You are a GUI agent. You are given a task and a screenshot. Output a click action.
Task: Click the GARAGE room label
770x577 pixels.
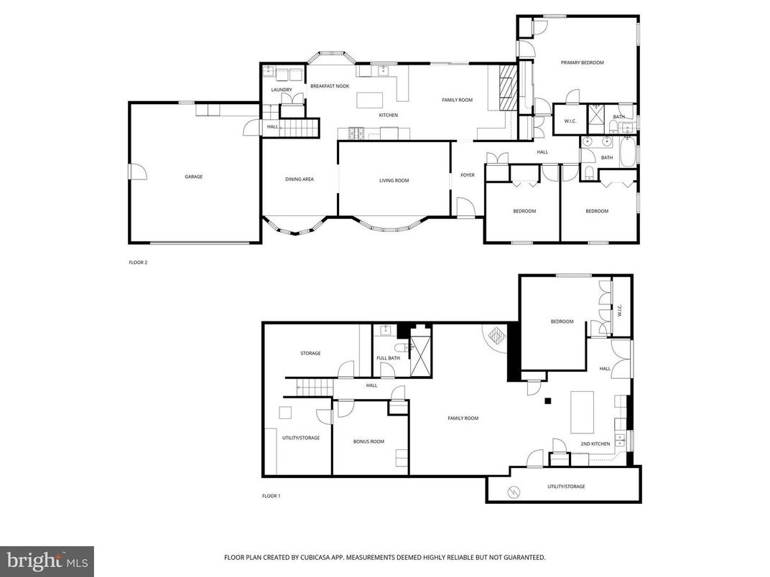tap(193, 177)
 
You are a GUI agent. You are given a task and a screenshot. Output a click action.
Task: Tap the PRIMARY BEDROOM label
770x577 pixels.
tap(582, 63)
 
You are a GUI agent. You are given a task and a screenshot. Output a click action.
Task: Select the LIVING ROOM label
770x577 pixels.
tap(394, 181)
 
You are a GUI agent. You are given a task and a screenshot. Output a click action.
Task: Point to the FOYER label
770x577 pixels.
tap(468, 175)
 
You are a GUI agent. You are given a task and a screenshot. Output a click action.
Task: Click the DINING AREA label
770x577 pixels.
tap(300, 179)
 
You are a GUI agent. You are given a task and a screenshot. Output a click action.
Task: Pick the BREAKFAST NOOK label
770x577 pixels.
tap(329, 86)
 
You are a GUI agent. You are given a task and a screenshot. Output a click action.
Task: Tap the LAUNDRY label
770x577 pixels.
tap(282, 90)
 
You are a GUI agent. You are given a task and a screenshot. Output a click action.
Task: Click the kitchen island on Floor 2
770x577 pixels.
tap(371, 99)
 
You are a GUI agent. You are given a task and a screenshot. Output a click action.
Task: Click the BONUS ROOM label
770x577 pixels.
tap(368, 441)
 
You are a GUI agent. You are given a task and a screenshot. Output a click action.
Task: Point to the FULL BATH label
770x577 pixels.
tap(388, 358)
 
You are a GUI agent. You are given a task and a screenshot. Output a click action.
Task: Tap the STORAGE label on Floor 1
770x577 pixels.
tap(310, 353)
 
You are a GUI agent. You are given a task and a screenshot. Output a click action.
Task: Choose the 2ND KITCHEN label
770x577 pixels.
tap(595, 444)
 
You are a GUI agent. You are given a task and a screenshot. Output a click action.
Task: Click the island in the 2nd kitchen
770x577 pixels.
tap(582, 412)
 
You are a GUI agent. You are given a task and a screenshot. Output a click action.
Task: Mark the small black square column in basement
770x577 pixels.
tap(548, 401)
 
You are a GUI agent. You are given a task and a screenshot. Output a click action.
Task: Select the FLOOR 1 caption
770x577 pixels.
tap(270, 496)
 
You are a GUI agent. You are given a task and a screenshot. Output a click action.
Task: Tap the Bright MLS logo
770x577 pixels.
tap(47, 560)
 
